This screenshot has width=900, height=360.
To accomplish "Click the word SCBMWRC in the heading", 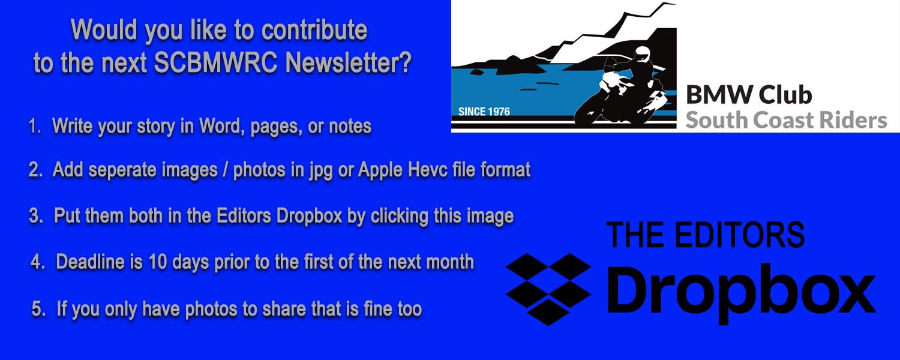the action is point(215,62).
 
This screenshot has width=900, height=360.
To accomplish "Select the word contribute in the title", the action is point(314,30).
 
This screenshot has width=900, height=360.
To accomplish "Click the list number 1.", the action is point(35,126).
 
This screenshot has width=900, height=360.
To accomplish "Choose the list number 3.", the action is point(36,216).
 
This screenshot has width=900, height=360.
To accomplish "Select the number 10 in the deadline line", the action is point(157,262).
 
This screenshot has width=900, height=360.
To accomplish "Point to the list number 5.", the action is point(38,309).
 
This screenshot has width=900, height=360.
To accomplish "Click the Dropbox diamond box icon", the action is point(548,289).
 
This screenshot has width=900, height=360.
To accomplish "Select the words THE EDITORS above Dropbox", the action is point(706,235).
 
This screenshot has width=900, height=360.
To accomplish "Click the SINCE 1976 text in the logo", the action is point(484,111).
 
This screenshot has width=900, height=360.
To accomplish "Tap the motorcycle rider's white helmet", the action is point(641,54).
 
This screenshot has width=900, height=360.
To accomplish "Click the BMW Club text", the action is point(749,95).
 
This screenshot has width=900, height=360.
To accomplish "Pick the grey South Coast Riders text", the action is point(786,120).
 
